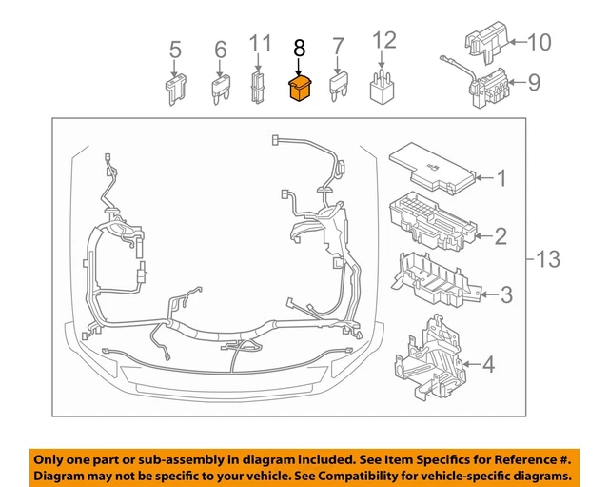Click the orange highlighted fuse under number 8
pyautogui.click(x=300, y=91)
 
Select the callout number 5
pyautogui.click(x=174, y=49)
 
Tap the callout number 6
pyautogui.click(x=221, y=49)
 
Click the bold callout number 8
pyautogui.click(x=300, y=47)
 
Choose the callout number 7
pyautogui.click(x=337, y=46)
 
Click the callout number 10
pyautogui.click(x=539, y=42)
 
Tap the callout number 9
pyautogui.click(x=534, y=83)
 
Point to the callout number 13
pyautogui.click(x=550, y=258)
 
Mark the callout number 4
pyautogui.click(x=488, y=363)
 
